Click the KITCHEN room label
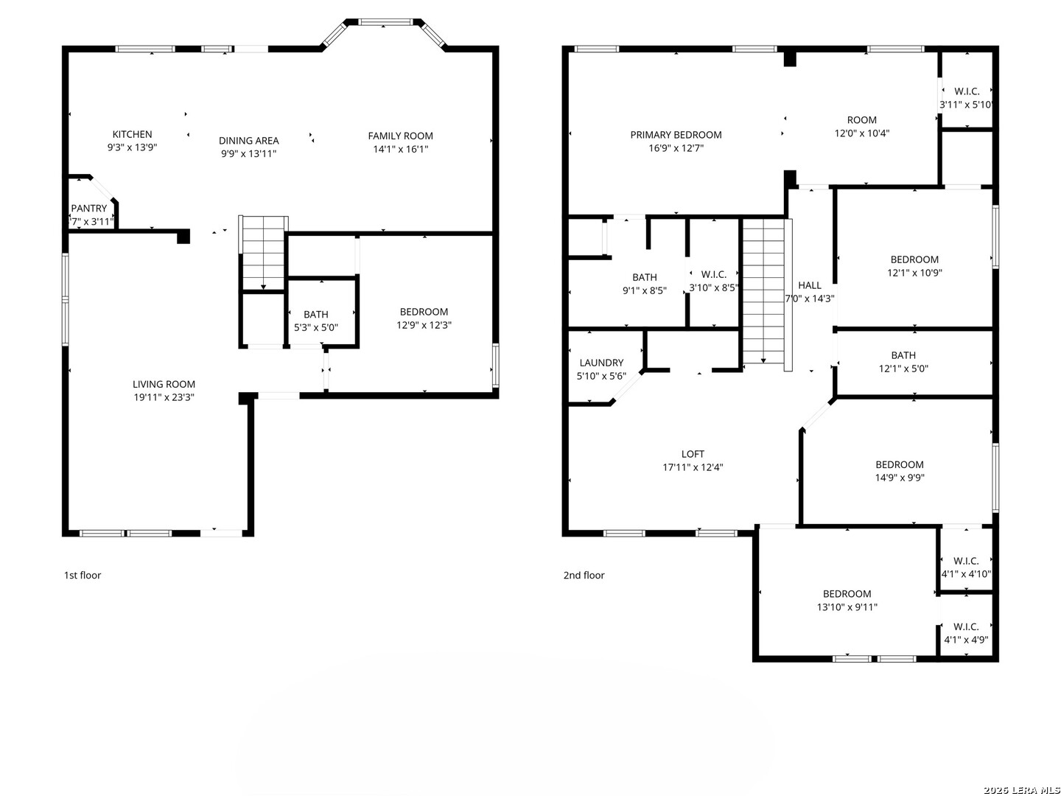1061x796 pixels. point(132,134)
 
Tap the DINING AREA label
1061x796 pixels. point(248,141)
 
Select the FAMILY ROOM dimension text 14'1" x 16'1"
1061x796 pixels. point(400,149)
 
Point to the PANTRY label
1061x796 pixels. point(89,209)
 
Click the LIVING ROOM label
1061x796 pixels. point(164,384)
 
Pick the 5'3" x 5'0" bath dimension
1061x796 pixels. point(315,327)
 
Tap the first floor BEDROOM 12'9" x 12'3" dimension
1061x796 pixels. point(424,325)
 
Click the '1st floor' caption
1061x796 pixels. point(83,575)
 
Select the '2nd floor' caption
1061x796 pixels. point(584,575)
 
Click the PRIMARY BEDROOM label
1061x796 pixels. point(676,135)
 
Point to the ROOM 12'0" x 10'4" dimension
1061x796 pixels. point(862,133)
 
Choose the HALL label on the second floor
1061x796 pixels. point(810,285)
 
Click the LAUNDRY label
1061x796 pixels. point(601,363)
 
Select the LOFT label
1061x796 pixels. point(693,454)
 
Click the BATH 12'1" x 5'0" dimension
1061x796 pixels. point(903,369)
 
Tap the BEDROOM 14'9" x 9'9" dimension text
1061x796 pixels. point(900,478)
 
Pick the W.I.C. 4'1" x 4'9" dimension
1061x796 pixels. point(966,640)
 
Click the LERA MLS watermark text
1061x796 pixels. point(1021,789)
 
